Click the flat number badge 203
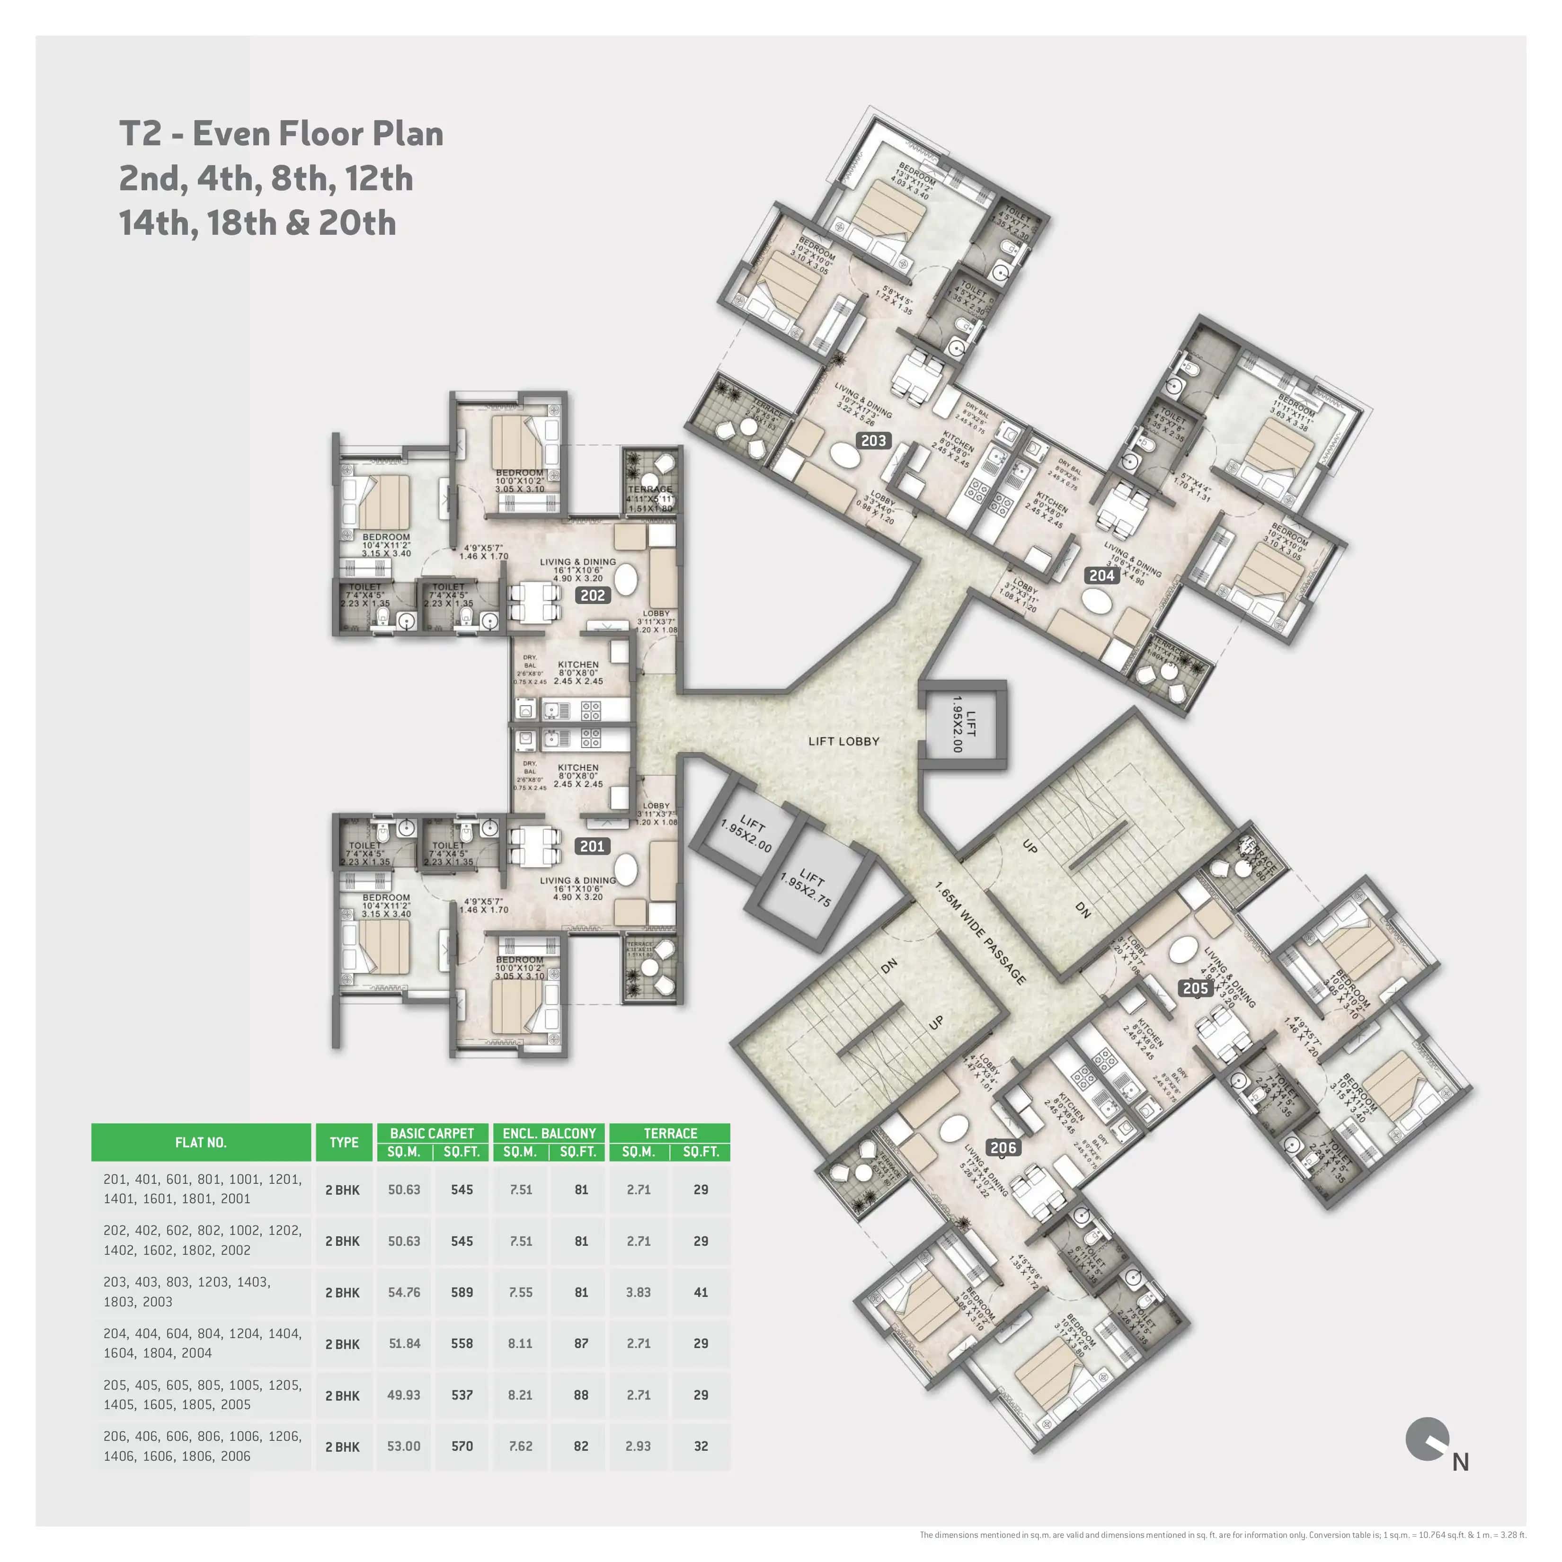point(873,441)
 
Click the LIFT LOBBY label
point(843,741)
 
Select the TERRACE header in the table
point(670,1133)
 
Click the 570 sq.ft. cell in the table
point(461,1446)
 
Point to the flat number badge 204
point(1102,575)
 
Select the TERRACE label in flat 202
point(650,489)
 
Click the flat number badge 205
point(1195,988)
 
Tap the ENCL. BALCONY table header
point(549,1133)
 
